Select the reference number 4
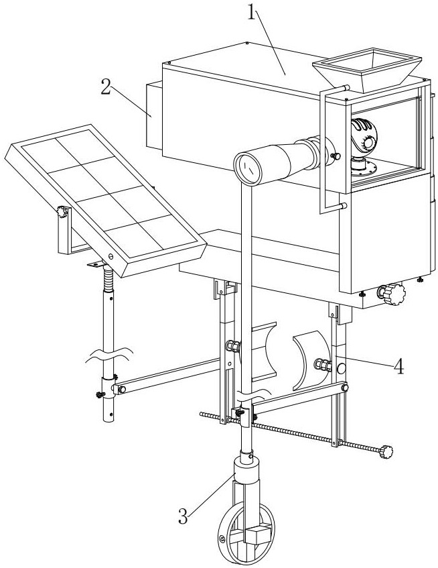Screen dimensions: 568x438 click(398, 366)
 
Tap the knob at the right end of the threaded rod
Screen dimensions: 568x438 click(386, 452)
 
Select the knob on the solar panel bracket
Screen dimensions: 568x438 click(64, 213)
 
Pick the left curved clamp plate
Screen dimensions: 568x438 click(265, 350)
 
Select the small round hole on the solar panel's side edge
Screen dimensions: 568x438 click(111, 256)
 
